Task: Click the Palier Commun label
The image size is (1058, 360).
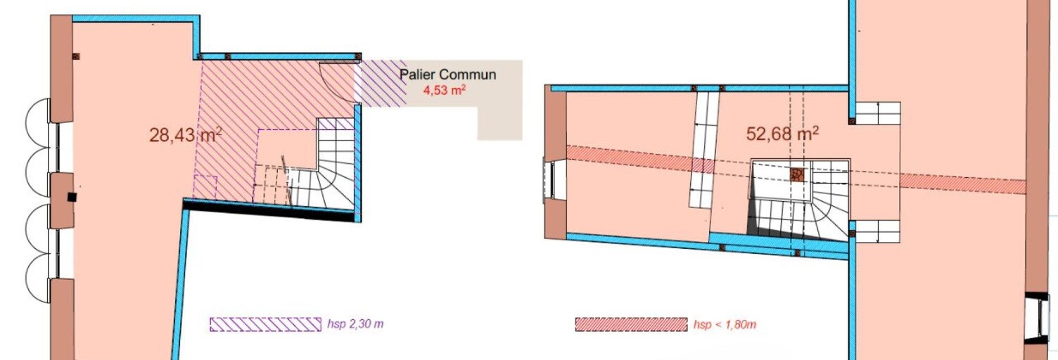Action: pos(448,75)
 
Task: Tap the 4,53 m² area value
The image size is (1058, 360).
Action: pos(445,89)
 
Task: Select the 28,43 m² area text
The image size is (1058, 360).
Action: pos(186,135)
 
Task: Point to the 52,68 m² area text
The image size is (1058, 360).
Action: pos(783,134)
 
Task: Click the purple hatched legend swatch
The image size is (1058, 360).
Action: pos(265,325)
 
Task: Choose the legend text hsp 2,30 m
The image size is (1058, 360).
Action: pos(355,324)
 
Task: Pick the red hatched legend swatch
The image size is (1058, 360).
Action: pos(632,325)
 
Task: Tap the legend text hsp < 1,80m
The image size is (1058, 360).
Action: pos(725,325)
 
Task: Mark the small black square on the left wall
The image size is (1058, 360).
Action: pos(72,197)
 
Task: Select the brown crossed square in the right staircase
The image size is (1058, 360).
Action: pos(797,175)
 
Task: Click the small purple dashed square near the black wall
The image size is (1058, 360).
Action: pos(205,188)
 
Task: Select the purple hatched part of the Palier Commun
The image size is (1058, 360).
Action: pos(380,83)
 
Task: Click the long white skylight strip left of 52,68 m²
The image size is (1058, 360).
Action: pos(703,150)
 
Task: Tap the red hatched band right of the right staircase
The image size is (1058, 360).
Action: pos(962,184)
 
